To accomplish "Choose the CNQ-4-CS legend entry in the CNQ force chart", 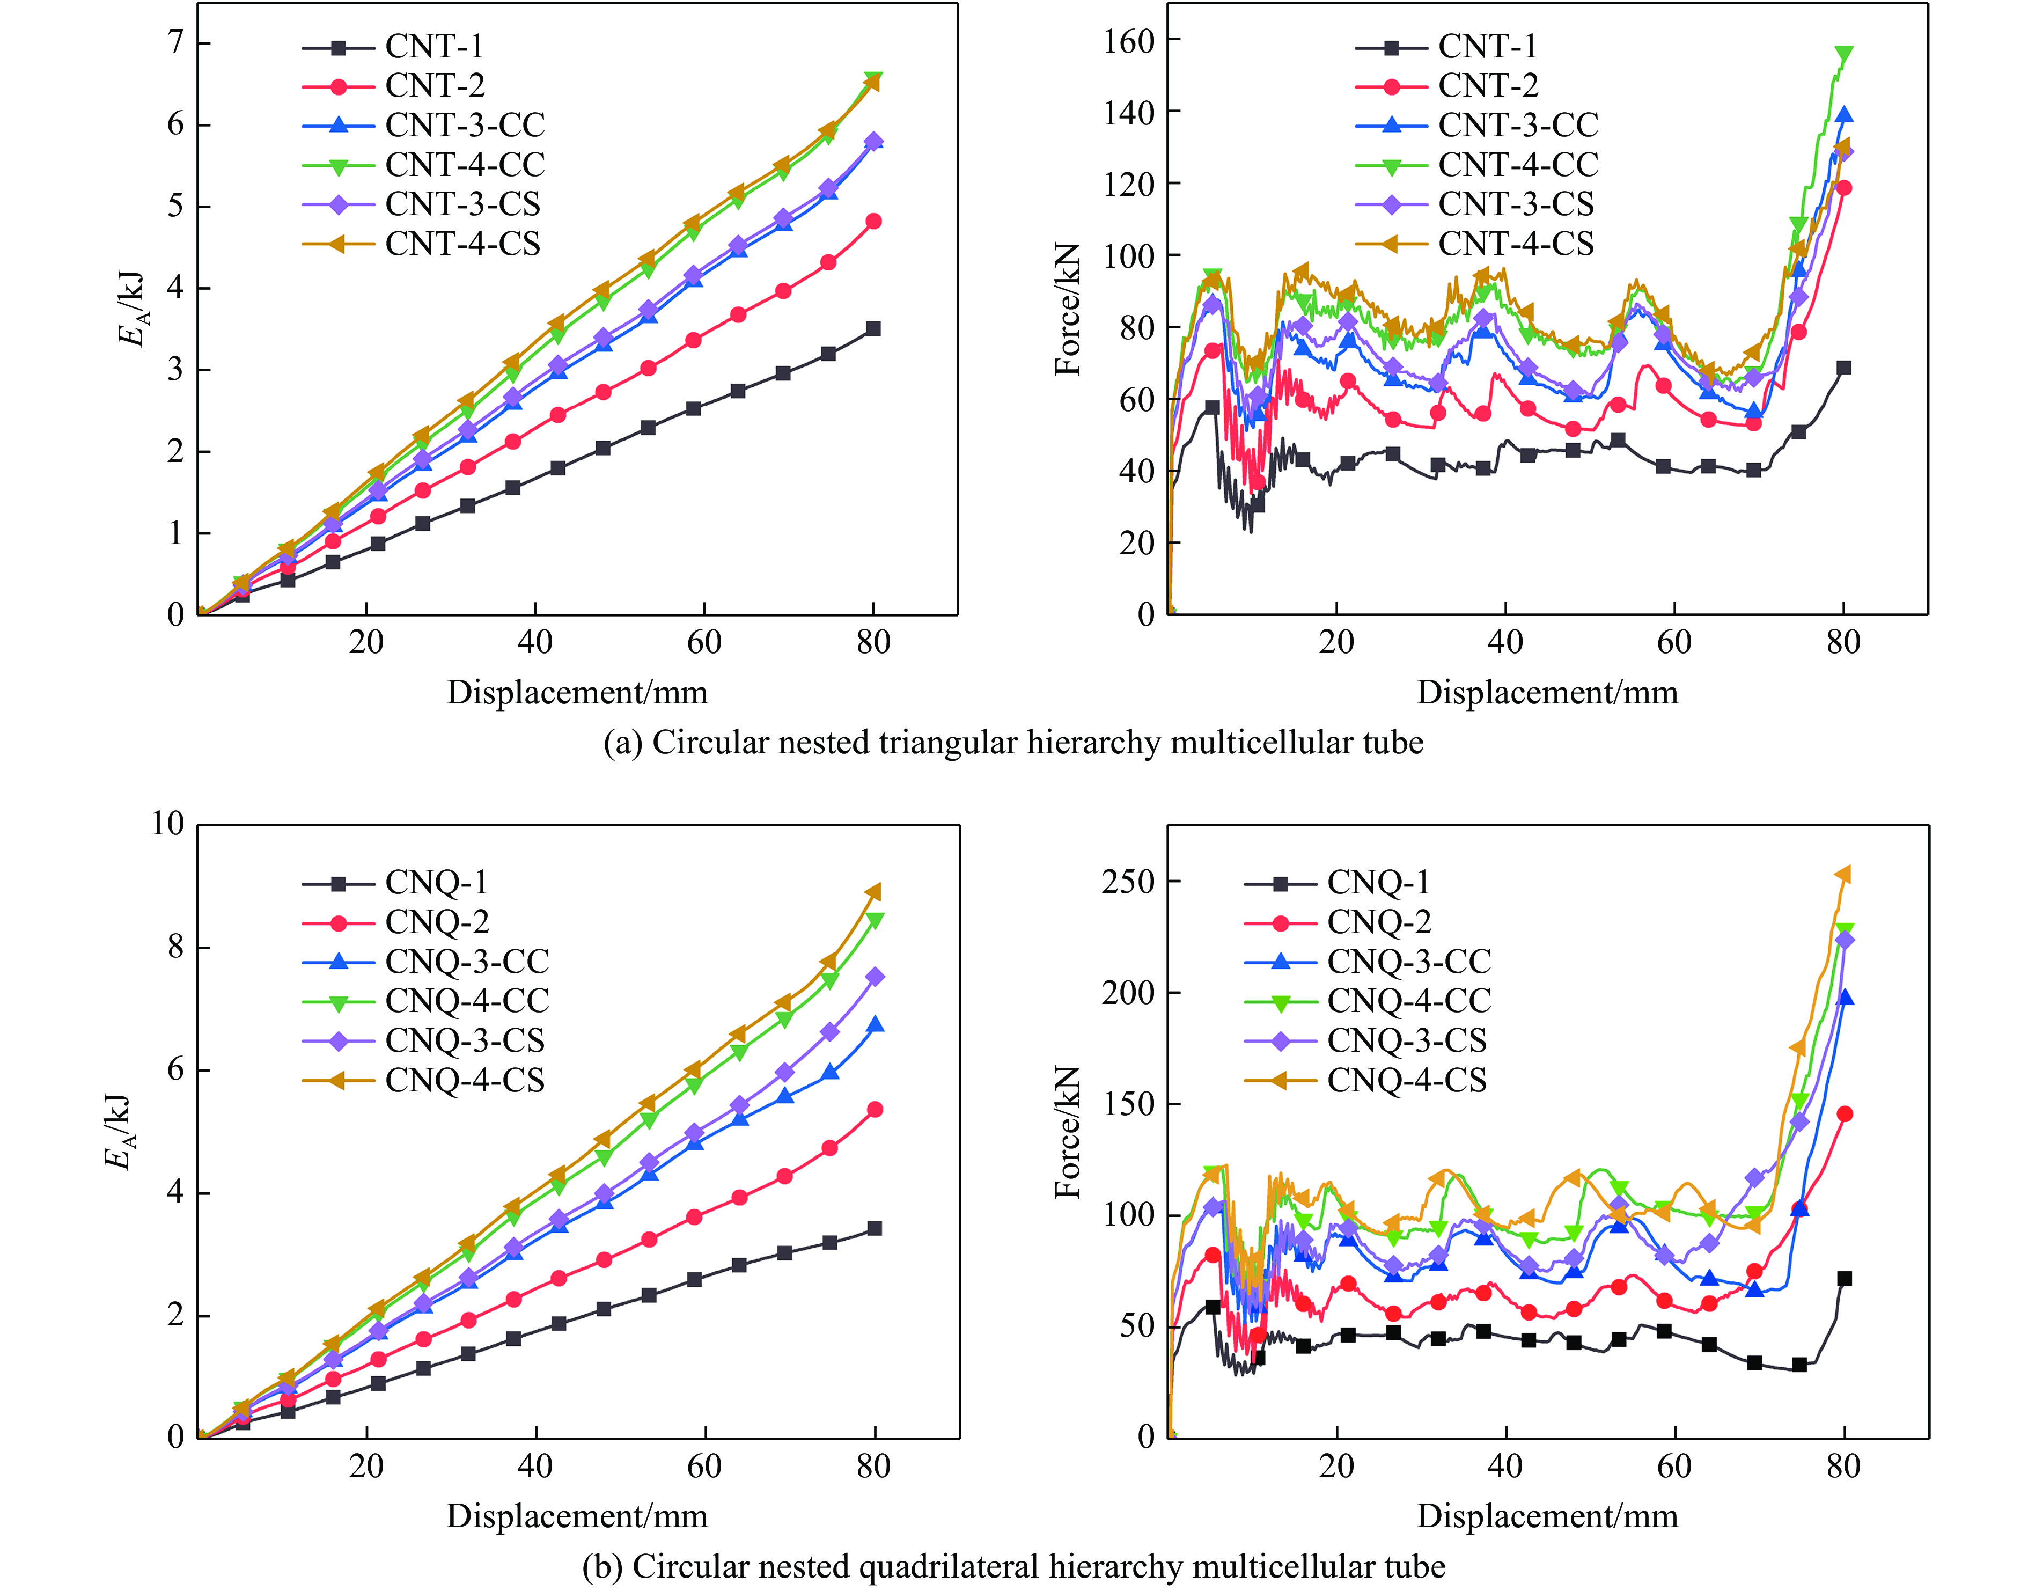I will pyautogui.click(x=1406, y=1081).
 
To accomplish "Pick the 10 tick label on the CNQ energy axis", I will pyautogui.click(x=167, y=824).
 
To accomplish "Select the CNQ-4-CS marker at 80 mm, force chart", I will pyautogui.click(x=1843, y=875).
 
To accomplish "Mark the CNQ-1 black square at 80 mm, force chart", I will pyautogui.click(x=1843, y=1279).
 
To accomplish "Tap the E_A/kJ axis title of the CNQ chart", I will pyautogui.click(x=118, y=1132).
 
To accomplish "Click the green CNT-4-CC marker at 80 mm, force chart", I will pyautogui.click(x=1843, y=55).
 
